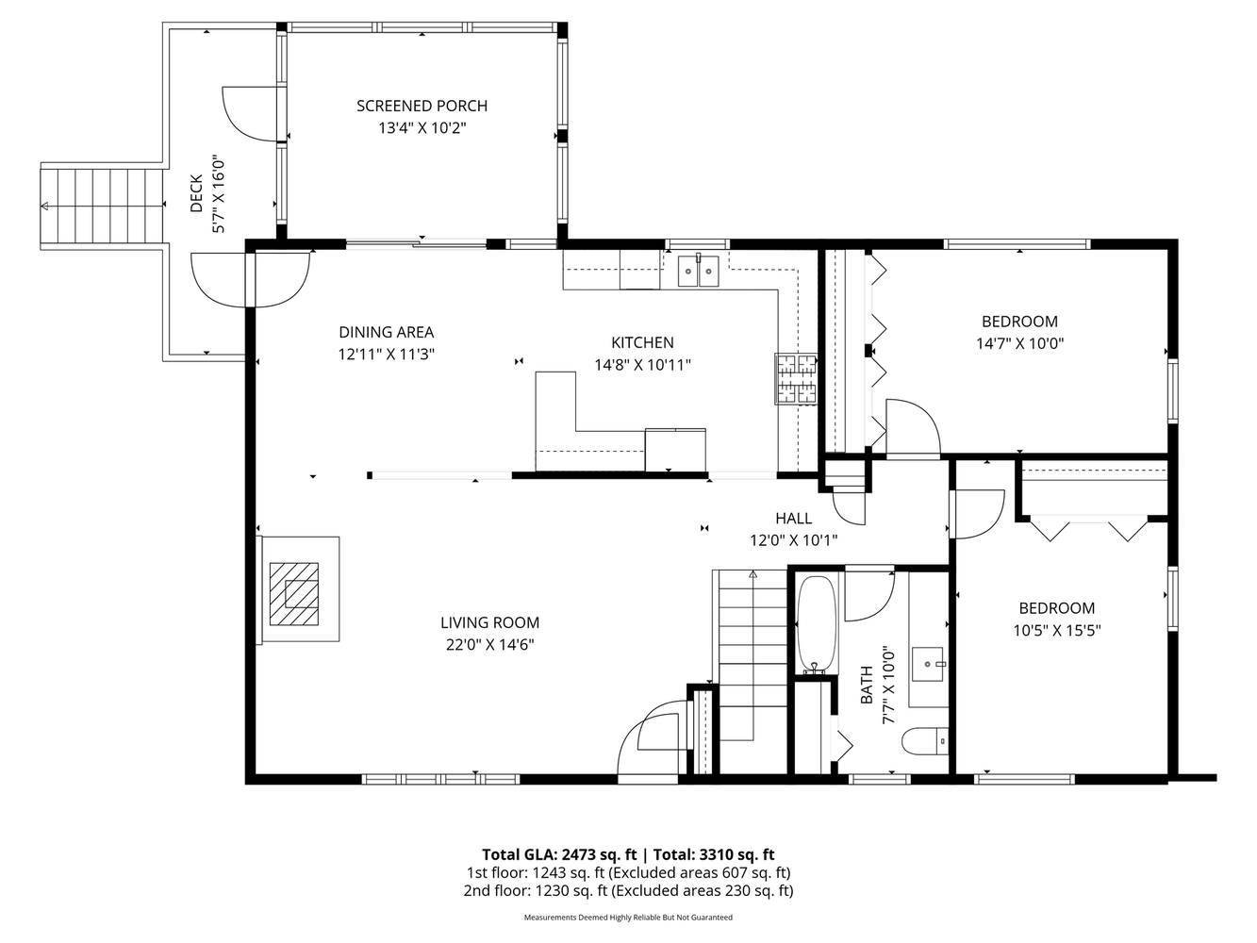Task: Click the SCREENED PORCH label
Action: click(422, 106)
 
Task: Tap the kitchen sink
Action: click(698, 272)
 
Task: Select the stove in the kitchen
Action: click(796, 378)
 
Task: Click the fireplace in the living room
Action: click(298, 589)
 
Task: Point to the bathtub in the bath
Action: click(818, 624)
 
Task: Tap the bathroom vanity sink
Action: click(928, 664)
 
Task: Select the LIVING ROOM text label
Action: click(489, 622)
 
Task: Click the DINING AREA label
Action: click(387, 332)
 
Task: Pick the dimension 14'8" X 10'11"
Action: click(642, 365)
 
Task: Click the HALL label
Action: click(794, 518)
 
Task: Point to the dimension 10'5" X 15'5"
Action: click(1057, 630)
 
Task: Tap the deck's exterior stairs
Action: click(101, 207)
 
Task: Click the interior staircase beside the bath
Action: click(751, 655)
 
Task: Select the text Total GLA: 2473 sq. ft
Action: click(559, 854)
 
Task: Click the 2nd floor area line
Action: click(628, 891)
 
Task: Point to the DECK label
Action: click(196, 193)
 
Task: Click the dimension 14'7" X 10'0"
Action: click(1020, 343)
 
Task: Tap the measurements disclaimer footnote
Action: click(628, 918)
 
